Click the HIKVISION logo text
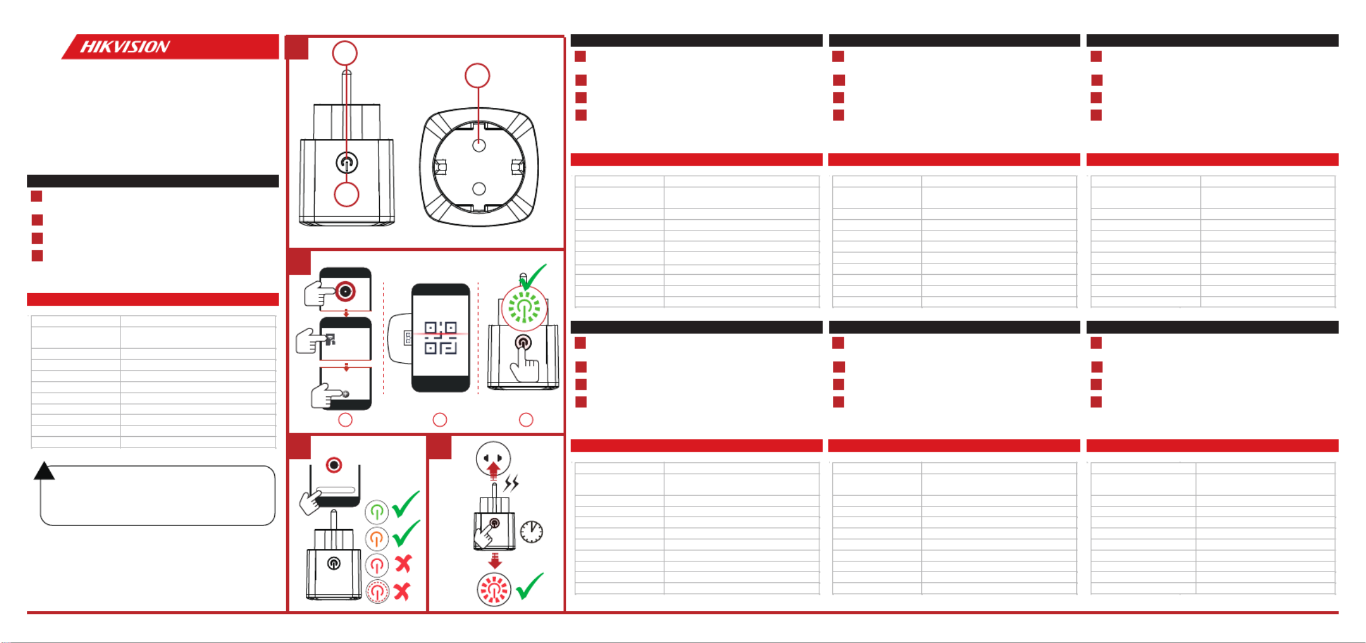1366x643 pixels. click(125, 46)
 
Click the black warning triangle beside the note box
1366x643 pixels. click(44, 471)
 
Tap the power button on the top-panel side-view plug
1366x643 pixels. click(346, 162)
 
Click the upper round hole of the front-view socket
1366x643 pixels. click(479, 145)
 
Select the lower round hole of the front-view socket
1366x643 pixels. click(479, 189)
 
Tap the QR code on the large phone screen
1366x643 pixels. click(441, 338)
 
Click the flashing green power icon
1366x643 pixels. click(524, 308)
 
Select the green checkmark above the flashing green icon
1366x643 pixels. click(532, 276)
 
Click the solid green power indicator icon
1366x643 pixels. click(376, 511)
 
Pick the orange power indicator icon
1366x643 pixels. click(376, 539)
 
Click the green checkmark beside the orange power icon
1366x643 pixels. click(406, 533)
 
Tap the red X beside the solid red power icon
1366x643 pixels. click(404, 564)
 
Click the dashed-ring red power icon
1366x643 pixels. click(377, 592)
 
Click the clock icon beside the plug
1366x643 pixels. click(531, 532)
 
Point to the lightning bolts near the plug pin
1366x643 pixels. click(512, 483)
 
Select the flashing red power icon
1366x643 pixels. click(494, 589)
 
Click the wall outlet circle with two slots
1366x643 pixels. click(493, 459)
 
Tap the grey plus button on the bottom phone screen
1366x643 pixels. click(345, 394)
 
